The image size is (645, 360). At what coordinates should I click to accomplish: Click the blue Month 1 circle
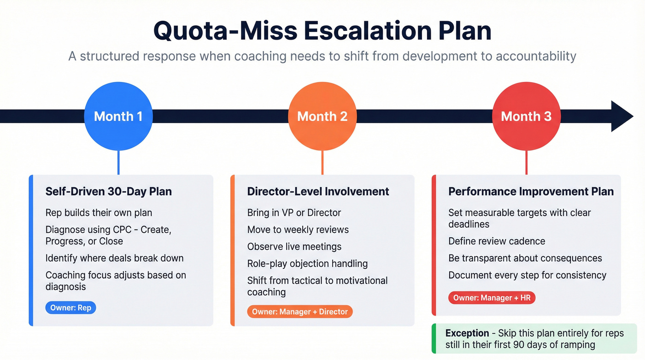point(118,116)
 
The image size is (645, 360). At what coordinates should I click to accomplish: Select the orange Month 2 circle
point(322,116)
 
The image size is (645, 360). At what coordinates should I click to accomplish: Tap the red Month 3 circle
point(526,116)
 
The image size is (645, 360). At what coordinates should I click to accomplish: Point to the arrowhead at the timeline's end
point(622,116)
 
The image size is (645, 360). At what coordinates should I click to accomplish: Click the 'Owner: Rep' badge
point(71,308)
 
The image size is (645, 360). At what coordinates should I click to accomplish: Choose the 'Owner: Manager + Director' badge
point(300,312)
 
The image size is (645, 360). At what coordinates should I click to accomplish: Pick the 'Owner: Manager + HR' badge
point(492,298)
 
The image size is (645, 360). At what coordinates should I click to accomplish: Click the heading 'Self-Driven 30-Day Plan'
point(108,191)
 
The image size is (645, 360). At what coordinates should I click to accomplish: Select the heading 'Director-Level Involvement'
point(318,191)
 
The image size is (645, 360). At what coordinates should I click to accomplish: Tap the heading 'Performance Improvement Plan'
point(531,191)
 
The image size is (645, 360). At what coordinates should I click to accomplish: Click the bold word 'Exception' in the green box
point(467,333)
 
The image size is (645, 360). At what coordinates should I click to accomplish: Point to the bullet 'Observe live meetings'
point(294,247)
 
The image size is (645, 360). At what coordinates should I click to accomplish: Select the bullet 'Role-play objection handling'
point(307,264)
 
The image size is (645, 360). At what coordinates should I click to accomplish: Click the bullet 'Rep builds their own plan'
point(99,212)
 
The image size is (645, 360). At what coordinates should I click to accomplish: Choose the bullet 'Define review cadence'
point(497,241)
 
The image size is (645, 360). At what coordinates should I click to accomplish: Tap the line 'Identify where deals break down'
point(114,258)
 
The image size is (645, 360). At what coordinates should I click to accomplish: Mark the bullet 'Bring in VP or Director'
point(294,212)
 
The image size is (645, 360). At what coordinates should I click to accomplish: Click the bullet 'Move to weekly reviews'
point(298,230)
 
